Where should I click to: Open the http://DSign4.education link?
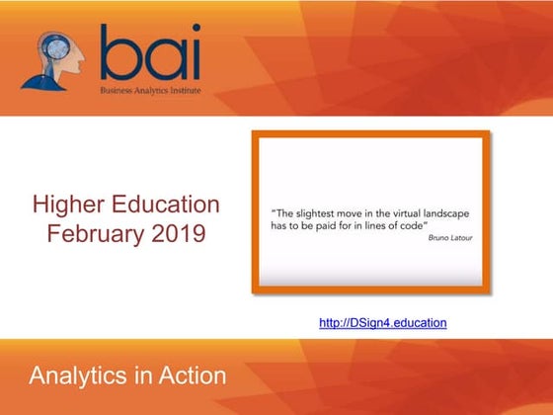(384, 322)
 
